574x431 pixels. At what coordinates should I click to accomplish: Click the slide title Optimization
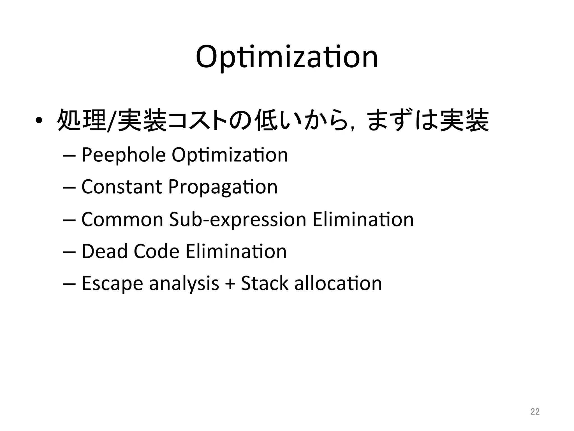pyautogui.click(x=287, y=58)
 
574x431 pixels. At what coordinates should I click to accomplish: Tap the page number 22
pyautogui.click(x=535, y=412)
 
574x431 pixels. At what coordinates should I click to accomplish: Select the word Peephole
pyautogui.click(x=123, y=155)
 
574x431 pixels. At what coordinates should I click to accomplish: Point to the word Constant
pyautogui.click(x=122, y=187)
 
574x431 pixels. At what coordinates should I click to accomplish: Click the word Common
pyautogui.click(x=122, y=219)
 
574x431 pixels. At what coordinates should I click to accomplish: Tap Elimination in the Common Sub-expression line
pyautogui.click(x=363, y=219)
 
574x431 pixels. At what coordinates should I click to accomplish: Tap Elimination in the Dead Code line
pyautogui.click(x=236, y=251)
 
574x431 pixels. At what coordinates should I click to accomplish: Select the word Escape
pyautogui.click(x=112, y=283)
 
